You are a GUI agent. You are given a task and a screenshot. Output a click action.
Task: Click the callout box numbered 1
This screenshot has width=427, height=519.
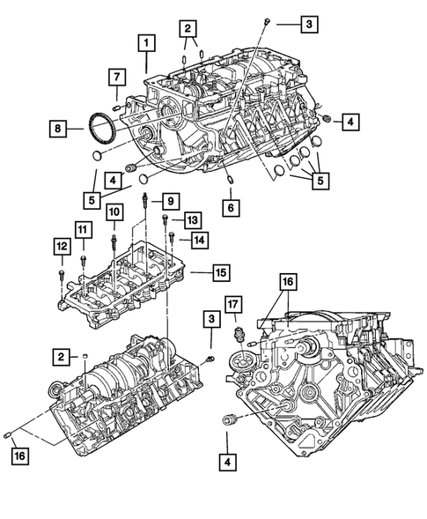[146, 42]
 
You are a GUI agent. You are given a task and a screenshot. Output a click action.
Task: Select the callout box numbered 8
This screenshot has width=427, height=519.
[57, 130]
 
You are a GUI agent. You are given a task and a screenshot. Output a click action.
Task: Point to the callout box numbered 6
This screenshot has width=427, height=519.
[231, 208]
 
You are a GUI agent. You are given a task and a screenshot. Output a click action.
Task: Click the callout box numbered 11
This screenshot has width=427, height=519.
[82, 232]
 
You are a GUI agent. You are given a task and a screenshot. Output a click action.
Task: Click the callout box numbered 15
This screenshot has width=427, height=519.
[221, 272]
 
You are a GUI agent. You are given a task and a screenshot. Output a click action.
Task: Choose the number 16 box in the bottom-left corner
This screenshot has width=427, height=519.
[19, 456]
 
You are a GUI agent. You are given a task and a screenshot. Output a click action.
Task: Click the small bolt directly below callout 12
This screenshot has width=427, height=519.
[60, 276]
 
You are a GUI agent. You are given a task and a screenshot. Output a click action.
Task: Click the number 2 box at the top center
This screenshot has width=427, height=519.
[188, 30]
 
